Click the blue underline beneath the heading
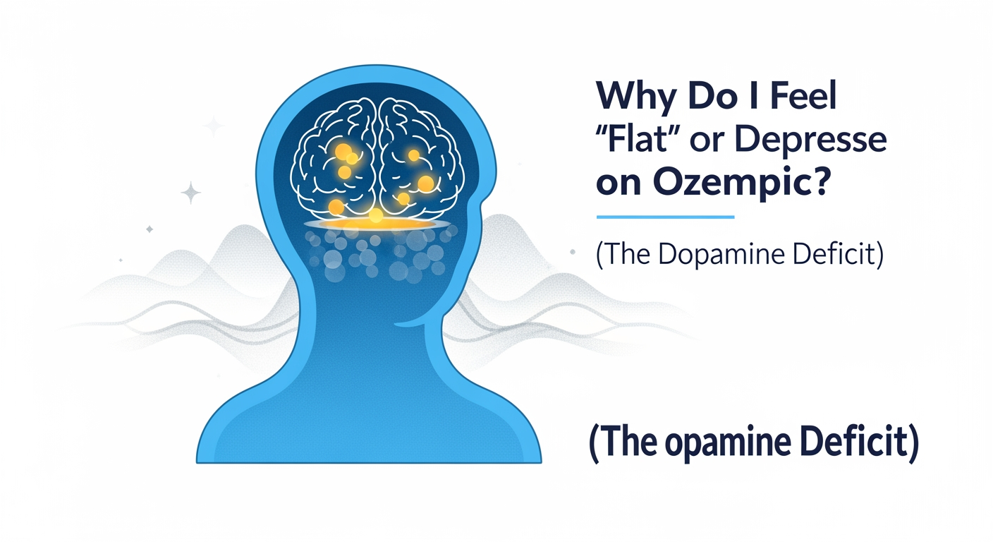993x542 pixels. pyautogui.click(x=665, y=217)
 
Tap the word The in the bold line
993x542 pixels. pyautogui.click(x=622, y=444)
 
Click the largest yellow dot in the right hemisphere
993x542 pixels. pyautogui.click(x=425, y=183)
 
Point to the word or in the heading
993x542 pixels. pyautogui.click(x=709, y=141)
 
